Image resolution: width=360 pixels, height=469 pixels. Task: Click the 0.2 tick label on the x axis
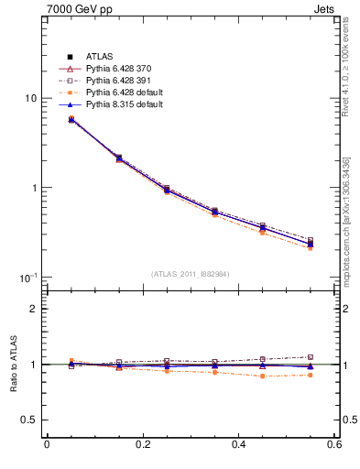point(142,445)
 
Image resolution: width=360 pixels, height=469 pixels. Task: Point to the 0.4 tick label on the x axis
point(238,445)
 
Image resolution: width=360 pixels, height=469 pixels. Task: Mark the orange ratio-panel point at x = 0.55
point(310,375)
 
